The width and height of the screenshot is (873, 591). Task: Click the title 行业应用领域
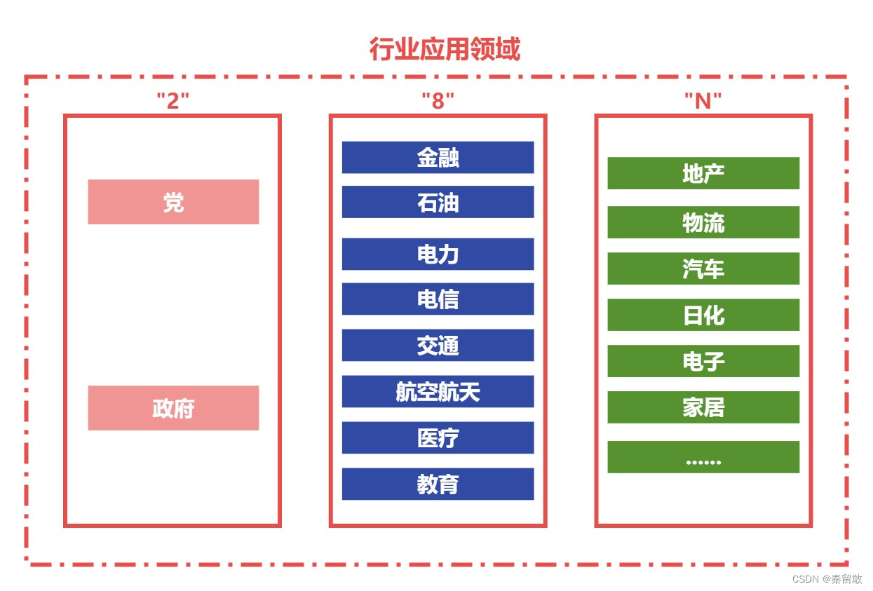445,50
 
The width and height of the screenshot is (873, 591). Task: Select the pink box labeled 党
173,202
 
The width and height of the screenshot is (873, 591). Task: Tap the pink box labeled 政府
173,408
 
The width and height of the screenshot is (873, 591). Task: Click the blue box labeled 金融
438,157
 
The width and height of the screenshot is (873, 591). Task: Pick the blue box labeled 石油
438,202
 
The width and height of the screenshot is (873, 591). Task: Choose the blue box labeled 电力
438,254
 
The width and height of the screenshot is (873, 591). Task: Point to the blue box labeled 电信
438,299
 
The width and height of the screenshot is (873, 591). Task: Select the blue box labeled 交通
438,345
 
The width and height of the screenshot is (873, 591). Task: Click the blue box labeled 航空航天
438,391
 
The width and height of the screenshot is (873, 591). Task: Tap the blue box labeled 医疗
438,437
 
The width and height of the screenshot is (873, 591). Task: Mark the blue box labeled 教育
438,484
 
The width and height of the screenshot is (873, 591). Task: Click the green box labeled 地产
703,173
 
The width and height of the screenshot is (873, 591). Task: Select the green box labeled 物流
703,222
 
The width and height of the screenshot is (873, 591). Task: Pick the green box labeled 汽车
703,269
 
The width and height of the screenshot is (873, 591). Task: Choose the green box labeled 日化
703,315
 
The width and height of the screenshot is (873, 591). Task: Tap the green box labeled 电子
703,361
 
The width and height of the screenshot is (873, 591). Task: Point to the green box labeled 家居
703,407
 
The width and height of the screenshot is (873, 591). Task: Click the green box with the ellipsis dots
703,457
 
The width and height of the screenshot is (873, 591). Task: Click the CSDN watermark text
827,579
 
